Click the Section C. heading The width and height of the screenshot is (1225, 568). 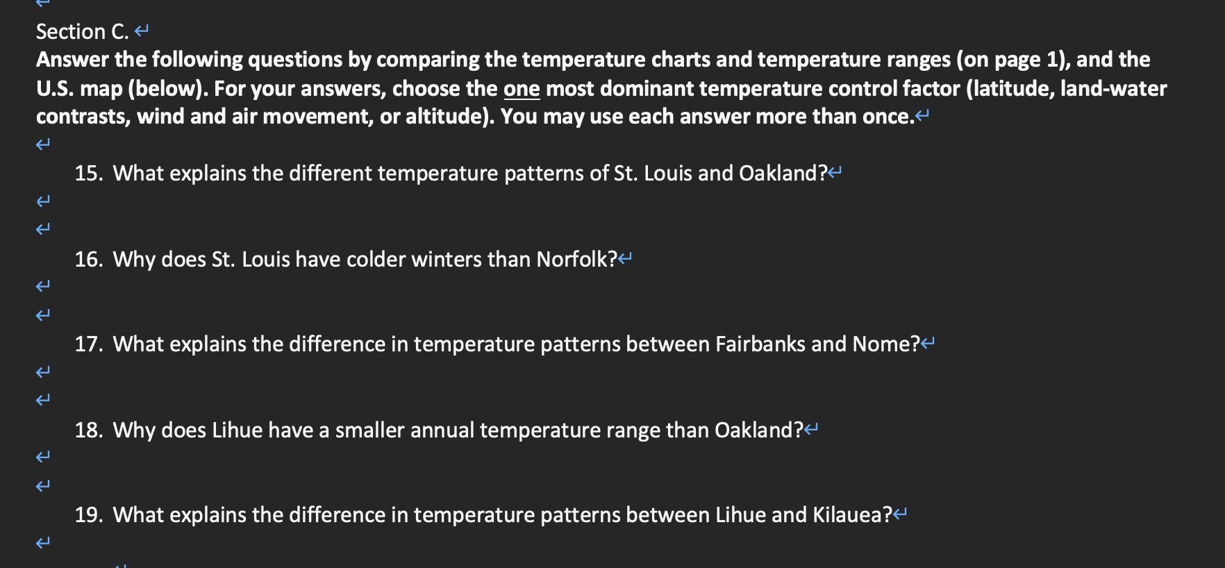click(x=82, y=32)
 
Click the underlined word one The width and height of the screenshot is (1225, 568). click(x=522, y=89)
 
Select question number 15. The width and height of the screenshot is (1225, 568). click(x=88, y=173)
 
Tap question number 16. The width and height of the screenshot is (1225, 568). click(x=88, y=259)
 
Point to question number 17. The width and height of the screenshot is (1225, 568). click(x=88, y=344)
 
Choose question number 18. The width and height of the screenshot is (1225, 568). click(x=88, y=430)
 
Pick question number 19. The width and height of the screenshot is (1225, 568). click(x=88, y=515)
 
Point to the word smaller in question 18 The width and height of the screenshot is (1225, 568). click(x=369, y=430)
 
